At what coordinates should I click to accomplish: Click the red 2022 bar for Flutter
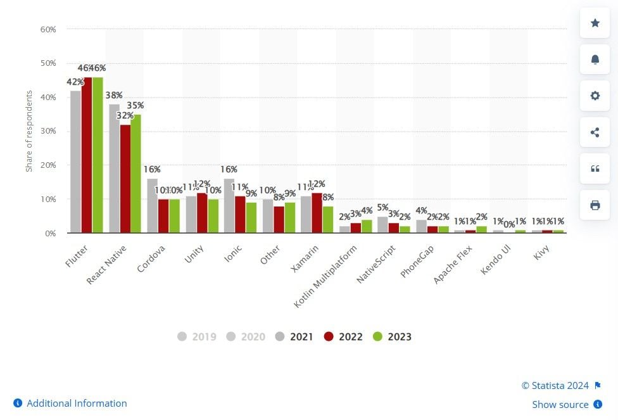tap(87, 155)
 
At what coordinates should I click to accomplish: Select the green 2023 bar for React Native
tap(136, 174)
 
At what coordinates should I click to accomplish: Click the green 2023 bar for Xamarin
tap(327, 220)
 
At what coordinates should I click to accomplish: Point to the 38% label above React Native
tap(114, 96)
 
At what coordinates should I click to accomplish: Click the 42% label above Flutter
tap(75, 82)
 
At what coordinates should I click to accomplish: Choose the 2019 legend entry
tap(197, 336)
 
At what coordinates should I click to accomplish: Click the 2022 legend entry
tap(343, 336)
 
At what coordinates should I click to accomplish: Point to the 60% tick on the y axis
tap(48, 29)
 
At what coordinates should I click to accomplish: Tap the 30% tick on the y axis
tap(48, 131)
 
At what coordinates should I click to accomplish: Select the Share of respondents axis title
tap(29, 131)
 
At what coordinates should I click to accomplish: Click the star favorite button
tap(595, 23)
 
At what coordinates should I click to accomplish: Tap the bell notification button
tap(595, 60)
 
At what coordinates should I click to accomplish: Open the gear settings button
tap(595, 96)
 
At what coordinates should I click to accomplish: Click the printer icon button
tap(595, 205)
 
